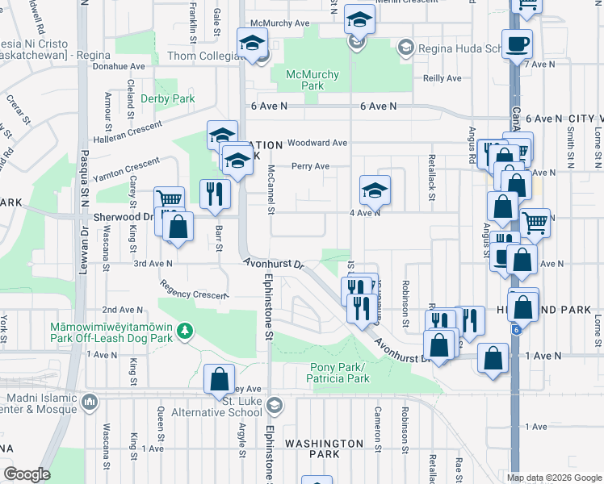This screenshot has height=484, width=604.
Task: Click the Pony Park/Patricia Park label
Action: [x=338, y=373]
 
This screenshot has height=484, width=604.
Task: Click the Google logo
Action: [x=27, y=474]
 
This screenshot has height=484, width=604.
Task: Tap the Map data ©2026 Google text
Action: [x=553, y=478]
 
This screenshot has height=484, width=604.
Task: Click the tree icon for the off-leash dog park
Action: [x=185, y=330]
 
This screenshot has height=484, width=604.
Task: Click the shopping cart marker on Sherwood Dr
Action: [x=170, y=201]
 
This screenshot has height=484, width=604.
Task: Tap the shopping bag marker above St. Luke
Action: [x=220, y=378]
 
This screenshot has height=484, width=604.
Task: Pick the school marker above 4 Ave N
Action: [x=375, y=190]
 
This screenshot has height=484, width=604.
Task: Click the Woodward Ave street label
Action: [x=317, y=143]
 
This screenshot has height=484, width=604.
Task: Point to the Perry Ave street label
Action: [x=311, y=166]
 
